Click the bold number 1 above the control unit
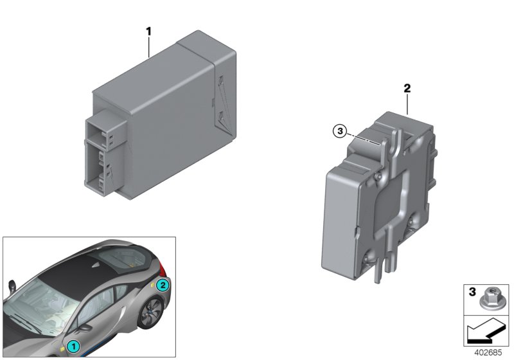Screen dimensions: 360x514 148,30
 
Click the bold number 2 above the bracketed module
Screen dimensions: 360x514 407,88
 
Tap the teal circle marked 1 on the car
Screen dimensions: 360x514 74,346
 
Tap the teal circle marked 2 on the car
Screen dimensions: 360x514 163,285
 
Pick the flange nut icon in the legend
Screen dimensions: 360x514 492,297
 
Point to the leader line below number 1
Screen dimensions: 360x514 148,47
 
